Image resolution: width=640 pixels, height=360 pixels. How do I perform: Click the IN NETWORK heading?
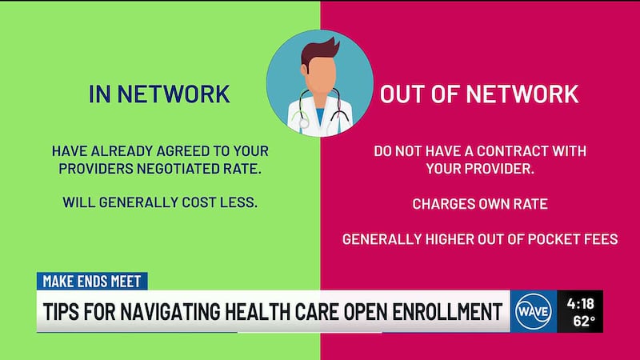pos(160,94)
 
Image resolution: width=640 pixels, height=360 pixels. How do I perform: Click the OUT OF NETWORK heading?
pos(478,94)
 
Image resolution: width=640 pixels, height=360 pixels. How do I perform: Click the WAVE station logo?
pos(534,310)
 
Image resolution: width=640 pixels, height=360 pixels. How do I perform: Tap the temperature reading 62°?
pos(583,322)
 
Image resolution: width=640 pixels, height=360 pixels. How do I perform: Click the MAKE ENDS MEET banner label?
pos(92,282)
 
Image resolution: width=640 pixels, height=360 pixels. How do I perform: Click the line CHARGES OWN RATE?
pos(479,203)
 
